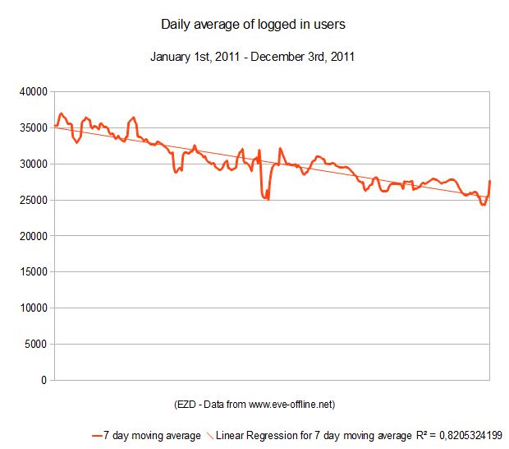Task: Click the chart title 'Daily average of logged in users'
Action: [x=253, y=25]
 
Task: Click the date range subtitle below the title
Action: [x=253, y=58]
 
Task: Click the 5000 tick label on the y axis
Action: [x=37, y=345]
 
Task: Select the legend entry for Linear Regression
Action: [x=313, y=435]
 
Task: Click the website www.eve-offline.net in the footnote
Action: [x=288, y=405]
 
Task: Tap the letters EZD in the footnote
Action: [x=186, y=405]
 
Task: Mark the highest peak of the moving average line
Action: [x=61, y=113]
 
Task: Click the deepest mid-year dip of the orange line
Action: [x=268, y=199]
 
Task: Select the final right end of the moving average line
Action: [x=489, y=181]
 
